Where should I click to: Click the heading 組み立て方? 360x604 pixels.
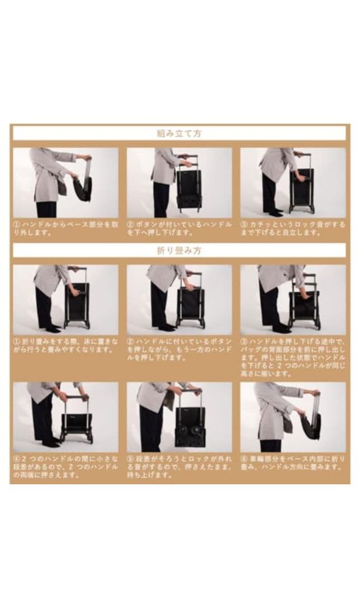(179, 134)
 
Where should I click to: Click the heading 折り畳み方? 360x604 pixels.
(179, 251)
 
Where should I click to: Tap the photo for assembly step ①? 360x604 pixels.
(65, 182)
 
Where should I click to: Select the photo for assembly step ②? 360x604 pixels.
(179, 182)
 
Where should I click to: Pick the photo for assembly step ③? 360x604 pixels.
(293, 182)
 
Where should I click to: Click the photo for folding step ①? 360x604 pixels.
(65, 300)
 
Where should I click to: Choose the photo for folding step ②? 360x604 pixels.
(179, 300)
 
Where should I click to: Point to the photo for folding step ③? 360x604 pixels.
(293, 300)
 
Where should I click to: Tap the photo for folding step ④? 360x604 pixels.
(65, 417)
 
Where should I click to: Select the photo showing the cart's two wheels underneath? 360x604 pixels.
(179, 417)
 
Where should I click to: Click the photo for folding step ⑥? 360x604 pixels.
(293, 417)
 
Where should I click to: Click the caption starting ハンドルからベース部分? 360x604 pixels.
(65, 228)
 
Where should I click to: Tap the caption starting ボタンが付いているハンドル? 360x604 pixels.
(179, 228)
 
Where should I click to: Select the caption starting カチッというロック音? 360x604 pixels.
(293, 228)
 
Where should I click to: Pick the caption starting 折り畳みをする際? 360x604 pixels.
(65, 346)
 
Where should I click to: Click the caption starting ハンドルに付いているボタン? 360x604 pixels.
(179, 350)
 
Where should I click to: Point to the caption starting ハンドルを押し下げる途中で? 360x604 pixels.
(293, 357)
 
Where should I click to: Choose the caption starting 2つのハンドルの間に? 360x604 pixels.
(65, 467)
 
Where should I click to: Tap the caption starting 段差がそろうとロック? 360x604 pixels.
(179, 467)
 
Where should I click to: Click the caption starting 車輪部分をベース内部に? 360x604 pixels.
(293, 463)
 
